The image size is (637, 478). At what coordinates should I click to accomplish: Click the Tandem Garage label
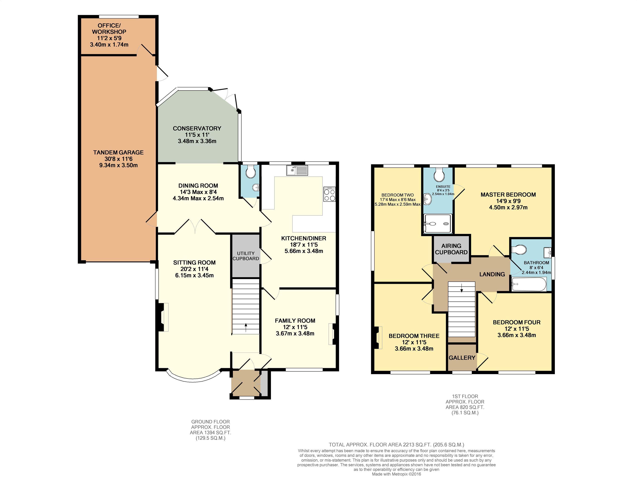[x=118, y=152]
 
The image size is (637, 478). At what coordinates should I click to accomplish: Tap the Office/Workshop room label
[x=109, y=28]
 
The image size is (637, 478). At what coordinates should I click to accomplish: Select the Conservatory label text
[x=197, y=129]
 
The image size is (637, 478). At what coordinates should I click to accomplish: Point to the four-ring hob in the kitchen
[x=330, y=194]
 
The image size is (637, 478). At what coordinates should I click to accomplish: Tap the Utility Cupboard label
[x=246, y=256]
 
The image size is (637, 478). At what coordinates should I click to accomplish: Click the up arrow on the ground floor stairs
[x=246, y=327]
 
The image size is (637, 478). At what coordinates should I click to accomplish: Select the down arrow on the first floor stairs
[x=462, y=288]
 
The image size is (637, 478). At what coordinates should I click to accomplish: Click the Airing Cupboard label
[x=451, y=249]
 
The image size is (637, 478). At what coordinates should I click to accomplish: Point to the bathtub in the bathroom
[x=529, y=284]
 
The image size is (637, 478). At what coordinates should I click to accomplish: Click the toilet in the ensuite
[x=439, y=175]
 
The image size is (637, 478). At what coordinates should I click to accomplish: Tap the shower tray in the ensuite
[x=437, y=223]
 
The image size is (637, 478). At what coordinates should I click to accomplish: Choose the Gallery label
[x=462, y=358]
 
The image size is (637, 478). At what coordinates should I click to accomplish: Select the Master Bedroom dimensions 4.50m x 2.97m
[x=508, y=207]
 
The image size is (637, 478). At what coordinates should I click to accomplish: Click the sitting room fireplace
[x=163, y=317]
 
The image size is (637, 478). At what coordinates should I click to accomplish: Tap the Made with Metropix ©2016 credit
[x=397, y=474]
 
